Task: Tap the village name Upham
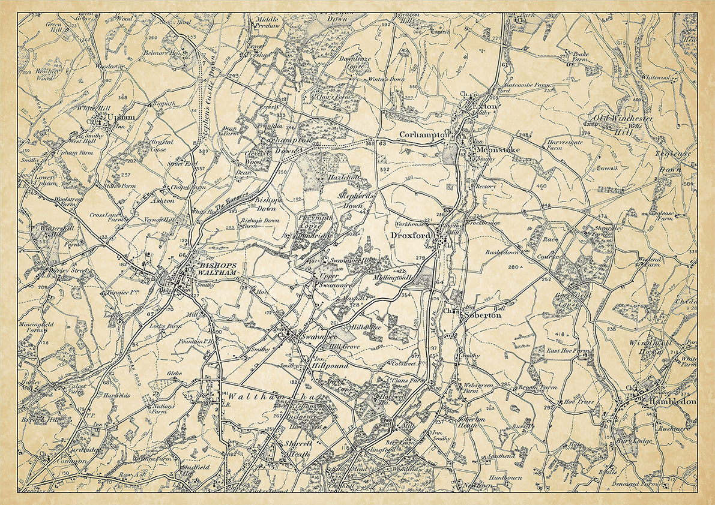click(x=119, y=117)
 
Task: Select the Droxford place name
click(x=411, y=235)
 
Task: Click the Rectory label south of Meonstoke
click(x=485, y=187)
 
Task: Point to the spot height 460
click(x=542, y=187)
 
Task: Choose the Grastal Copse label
click(x=158, y=146)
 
